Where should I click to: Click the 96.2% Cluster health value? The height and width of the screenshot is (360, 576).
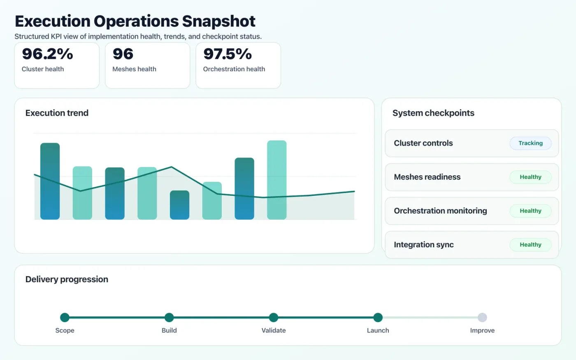pyautogui.click(x=47, y=54)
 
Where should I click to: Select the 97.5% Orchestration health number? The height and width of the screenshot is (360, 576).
pyautogui.click(x=228, y=54)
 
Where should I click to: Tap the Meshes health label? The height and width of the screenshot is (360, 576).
pyautogui.click(x=134, y=69)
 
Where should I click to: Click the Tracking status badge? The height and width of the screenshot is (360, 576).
pyautogui.click(x=530, y=143)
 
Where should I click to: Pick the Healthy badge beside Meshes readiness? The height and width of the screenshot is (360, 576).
pyautogui.click(x=530, y=177)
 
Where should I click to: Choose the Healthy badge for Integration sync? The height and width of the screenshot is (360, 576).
pyautogui.click(x=530, y=245)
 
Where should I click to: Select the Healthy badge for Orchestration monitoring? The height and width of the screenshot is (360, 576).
pyautogui.click(x=530, y=211)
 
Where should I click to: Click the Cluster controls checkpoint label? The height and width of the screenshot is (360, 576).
pyautogui.click(x=423, y=143)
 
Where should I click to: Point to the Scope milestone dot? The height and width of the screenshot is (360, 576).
pyautogui.click(x=65, y=317)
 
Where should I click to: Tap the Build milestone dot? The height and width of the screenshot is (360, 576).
pyautogui.click(x=169, y=317)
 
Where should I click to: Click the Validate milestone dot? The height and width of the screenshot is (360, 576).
pyautogui.click(x=274, y=317)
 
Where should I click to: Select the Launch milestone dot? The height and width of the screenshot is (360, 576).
pyautogui.click(x=378, y=317)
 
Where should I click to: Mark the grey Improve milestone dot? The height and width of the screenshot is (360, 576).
pyautogui.click(x=482, y=317)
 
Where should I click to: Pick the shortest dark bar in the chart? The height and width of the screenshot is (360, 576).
pyautogui.click(x=179, y=205)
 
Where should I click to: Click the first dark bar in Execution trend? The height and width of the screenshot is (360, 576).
pyautogui.click(x=50, y=181)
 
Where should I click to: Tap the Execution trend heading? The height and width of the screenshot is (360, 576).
pyautogui.click(x=57, y=113)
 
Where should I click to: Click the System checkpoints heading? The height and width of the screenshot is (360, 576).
pyautogui.click(x=433, y=113)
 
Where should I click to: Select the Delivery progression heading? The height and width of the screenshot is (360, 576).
pyautogui.click(x=67, y=279)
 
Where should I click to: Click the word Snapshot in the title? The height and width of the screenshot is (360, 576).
pyautogui.click(x=218, y=21)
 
